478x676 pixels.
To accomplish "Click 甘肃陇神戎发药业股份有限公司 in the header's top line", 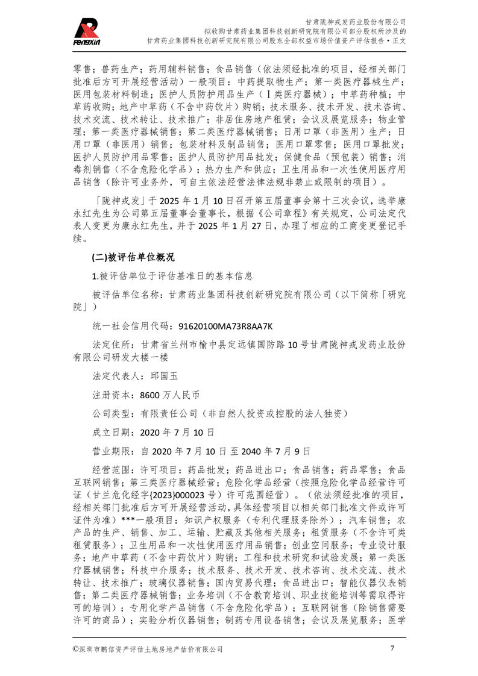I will click(356, 20).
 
